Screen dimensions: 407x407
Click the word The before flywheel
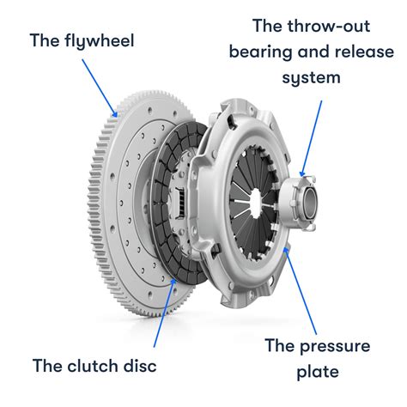coord(45,39)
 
